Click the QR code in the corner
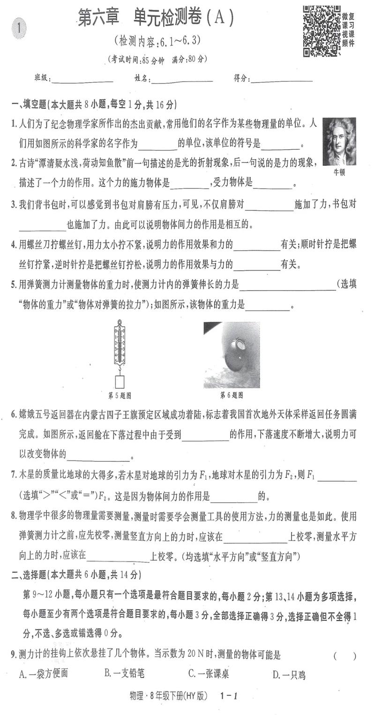click(321, 31)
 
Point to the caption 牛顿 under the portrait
click(339, 172)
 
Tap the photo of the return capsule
click(232, 354)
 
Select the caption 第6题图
click(232, 395)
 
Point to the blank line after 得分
click(282, 79)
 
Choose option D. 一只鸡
click(289, 675)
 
